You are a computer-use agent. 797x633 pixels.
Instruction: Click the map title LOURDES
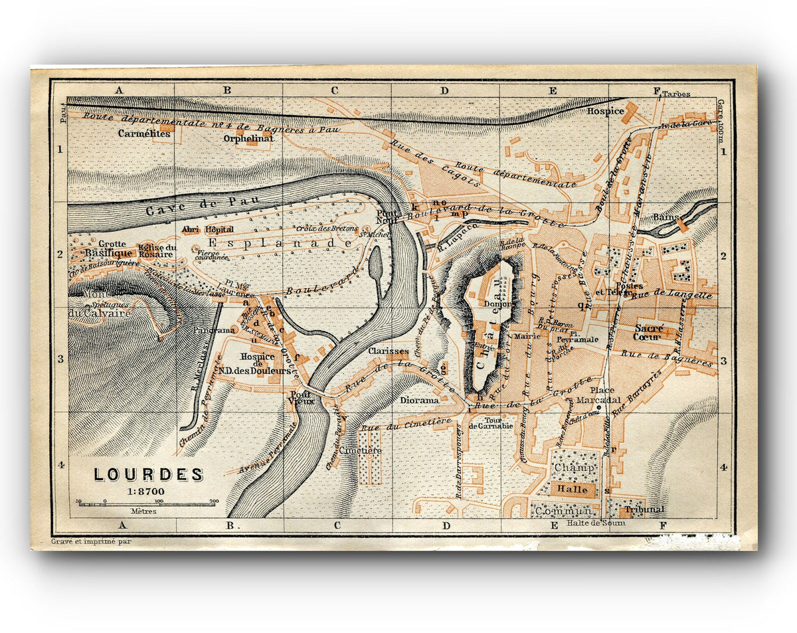click(147, 475)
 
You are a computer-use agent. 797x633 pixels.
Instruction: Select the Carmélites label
click(144, 134)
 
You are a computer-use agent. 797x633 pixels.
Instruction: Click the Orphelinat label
click(248, 139)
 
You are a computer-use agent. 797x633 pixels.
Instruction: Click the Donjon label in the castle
click(498, 304)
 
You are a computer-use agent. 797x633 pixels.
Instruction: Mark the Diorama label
click(419, 401)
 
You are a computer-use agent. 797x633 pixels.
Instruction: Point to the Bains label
click(665, 217)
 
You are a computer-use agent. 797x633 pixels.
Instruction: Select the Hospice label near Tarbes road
click(605, 112)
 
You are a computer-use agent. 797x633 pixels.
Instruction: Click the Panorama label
click(215, 330)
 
